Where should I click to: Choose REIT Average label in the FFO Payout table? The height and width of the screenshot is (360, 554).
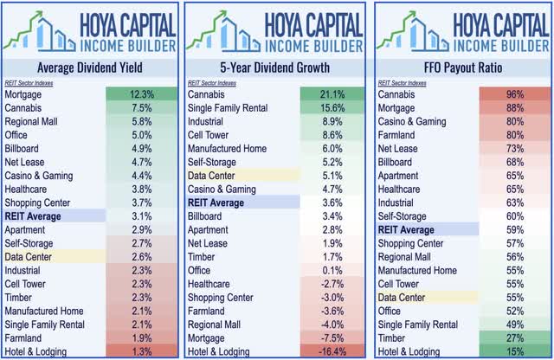click(x=407, y=229)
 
